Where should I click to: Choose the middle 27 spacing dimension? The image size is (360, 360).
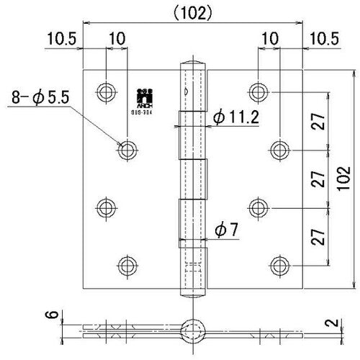click(318, 179)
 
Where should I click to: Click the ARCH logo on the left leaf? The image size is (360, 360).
click(142, 96)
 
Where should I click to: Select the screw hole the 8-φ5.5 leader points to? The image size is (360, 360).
click(128, 149)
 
